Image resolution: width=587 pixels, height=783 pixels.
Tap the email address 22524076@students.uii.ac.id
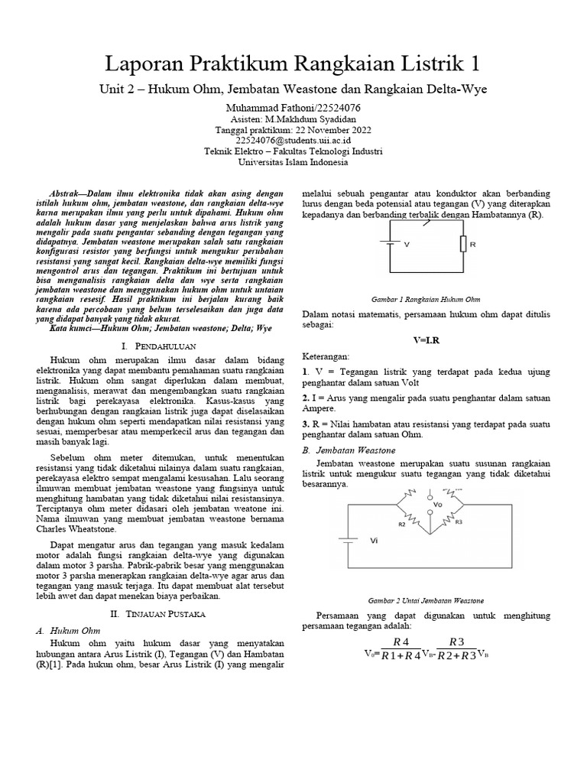pos(293,141)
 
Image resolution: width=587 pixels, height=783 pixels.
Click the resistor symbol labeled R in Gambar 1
pos(462,244)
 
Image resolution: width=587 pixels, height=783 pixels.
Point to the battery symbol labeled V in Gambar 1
pos(391,245)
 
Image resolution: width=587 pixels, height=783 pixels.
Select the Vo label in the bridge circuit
pos(437,505)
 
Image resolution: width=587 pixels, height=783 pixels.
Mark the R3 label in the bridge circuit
pos(459,523)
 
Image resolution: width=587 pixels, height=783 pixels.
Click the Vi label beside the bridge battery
pos(374,540)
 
